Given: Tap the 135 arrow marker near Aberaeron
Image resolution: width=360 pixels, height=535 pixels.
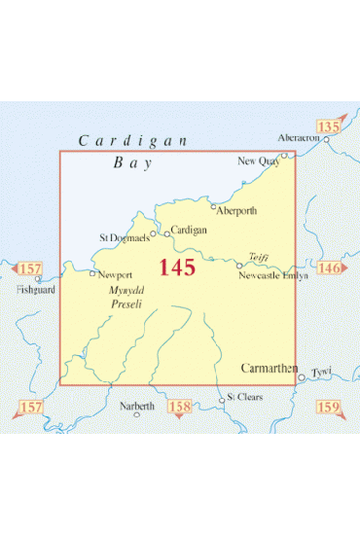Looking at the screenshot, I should click(327, 125).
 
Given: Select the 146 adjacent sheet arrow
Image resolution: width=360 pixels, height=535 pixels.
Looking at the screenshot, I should click(329, 267).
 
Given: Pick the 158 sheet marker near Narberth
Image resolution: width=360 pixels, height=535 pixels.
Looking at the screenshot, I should click(180, 406).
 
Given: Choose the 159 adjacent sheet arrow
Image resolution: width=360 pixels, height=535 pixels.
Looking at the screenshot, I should click(328, 406).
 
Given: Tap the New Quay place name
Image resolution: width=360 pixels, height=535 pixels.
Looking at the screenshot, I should click(258, 161).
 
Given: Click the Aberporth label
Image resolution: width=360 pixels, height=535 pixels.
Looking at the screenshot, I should click(238, 210).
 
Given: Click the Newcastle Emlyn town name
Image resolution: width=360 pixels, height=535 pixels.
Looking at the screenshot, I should click(272, 276).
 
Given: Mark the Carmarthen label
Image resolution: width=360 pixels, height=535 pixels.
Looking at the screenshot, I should click(270, 368).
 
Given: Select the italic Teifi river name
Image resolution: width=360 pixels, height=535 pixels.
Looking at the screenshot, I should click(258, 257).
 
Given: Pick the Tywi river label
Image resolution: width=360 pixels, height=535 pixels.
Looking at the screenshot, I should click(322, 373).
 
